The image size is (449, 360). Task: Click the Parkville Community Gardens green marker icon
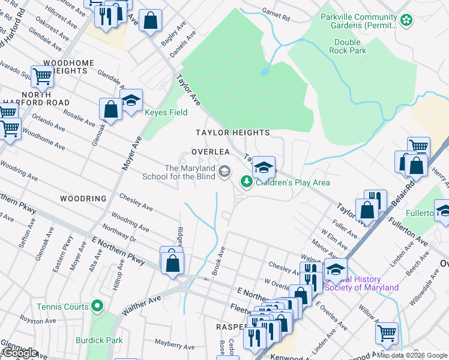[x=407, y=20]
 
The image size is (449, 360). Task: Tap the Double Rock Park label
[x=348, y=47]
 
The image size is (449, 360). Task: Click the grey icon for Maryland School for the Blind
[x=224, y=172]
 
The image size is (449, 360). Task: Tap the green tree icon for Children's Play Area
[x=246, y=181]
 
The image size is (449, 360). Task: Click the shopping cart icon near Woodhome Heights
[x=43, y=77]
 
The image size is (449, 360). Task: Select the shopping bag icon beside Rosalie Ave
[x=110, y=109]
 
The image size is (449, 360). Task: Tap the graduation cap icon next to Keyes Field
[x=131, y=100]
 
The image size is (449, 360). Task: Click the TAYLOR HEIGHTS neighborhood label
[x=232, y=132]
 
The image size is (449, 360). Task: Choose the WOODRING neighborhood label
[x=83, y=198]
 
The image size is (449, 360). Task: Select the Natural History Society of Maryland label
[x=361, y=283]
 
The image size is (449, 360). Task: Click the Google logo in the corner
[x=20, y=353]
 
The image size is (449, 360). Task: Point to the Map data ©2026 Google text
[x=412, y=355]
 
